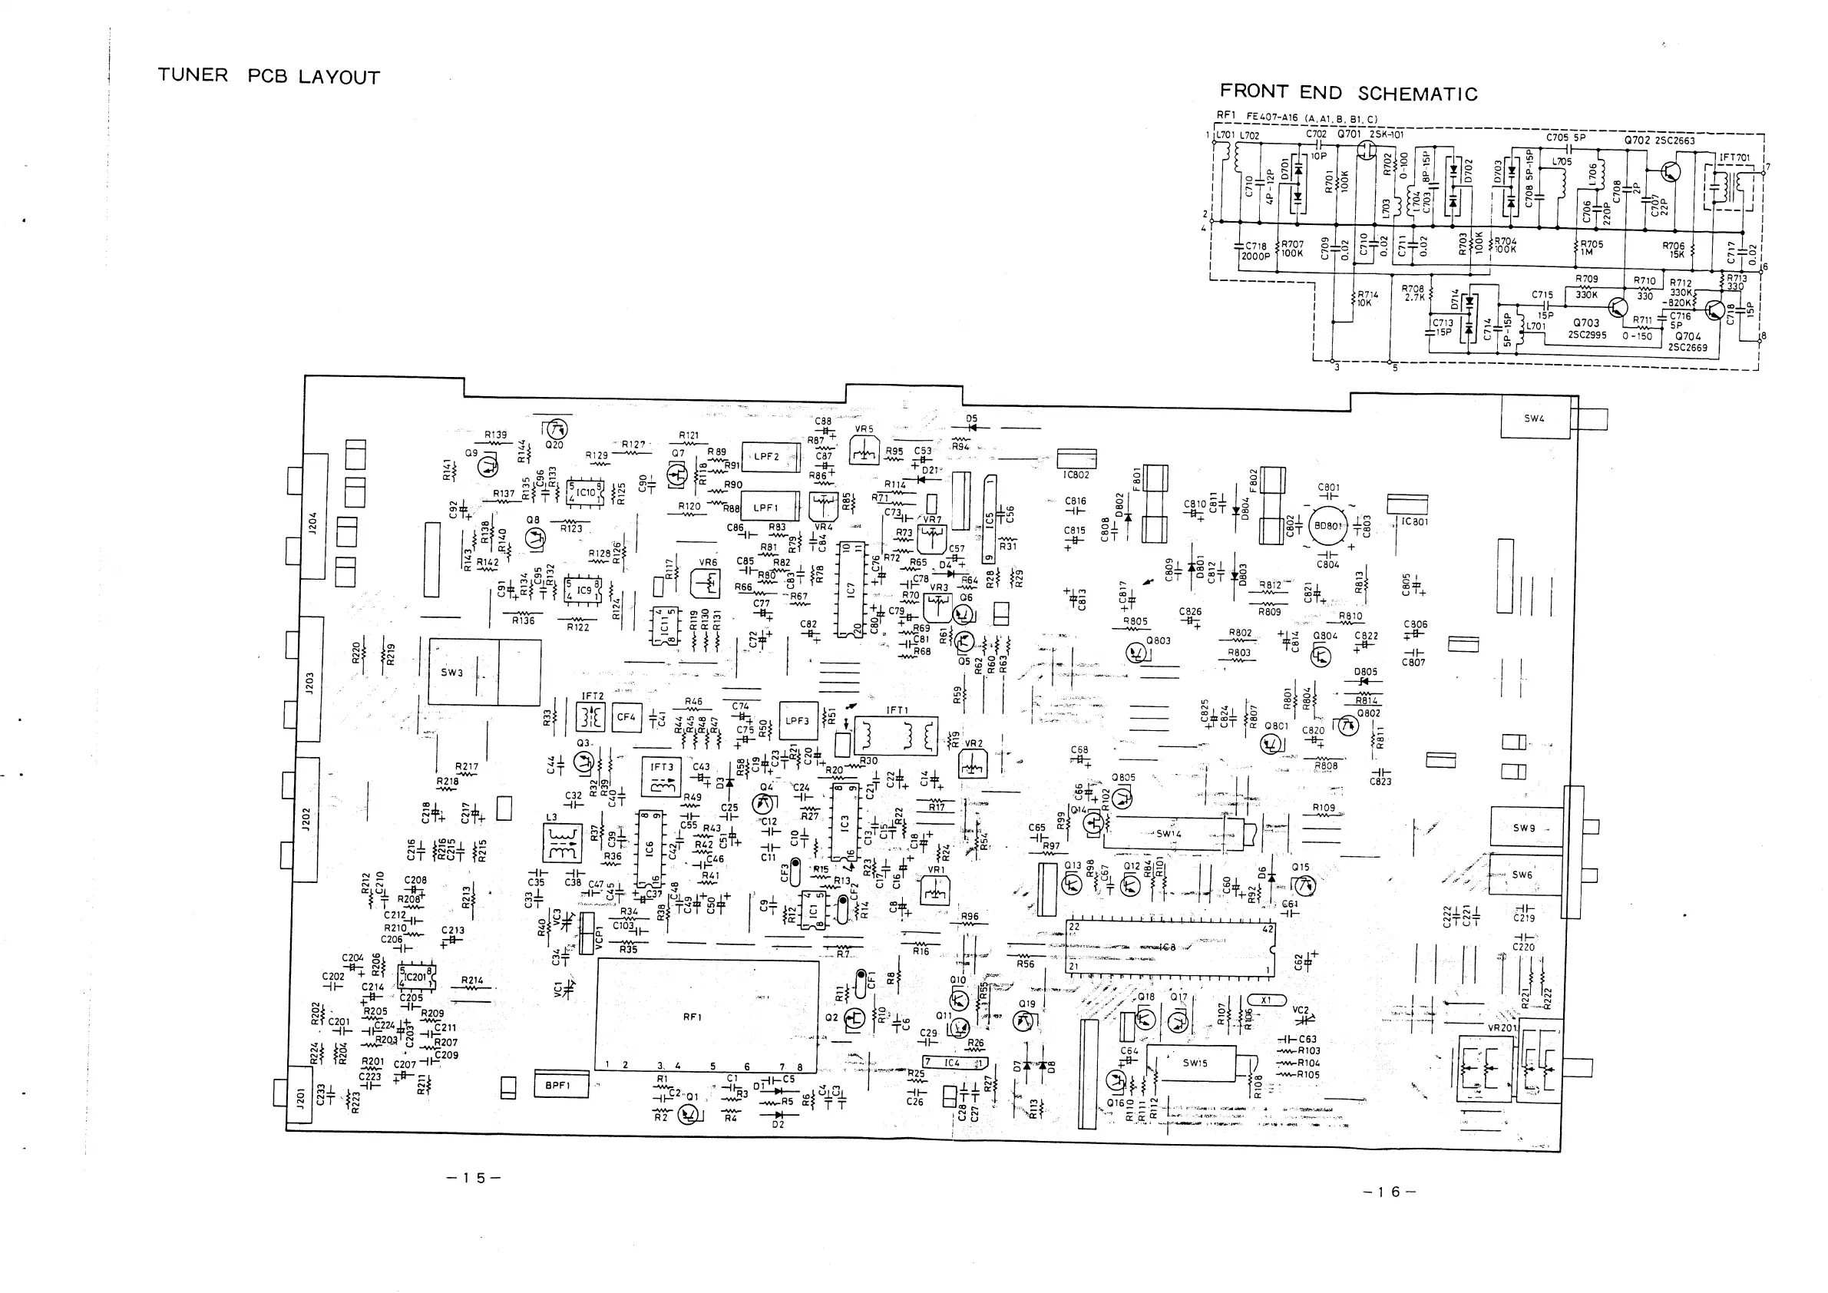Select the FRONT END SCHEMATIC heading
[1348, 93]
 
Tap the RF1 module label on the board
[692, 1017]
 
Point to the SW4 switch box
[1534, 418]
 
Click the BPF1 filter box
[560, 1084]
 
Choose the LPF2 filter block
[770, 457]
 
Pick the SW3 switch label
[451, 672]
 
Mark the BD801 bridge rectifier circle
[1327, 526]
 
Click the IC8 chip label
[1168, 947]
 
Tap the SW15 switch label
[1195, 1063]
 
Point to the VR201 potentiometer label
[1502, 1028]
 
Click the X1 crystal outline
[1266, 1000]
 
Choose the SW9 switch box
[1524, 828]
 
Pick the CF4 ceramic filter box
[626, 717]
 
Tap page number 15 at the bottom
[474, 1178]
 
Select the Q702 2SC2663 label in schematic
[1659, 141]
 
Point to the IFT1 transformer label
[897, 710]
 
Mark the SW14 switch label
[1169, 834]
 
